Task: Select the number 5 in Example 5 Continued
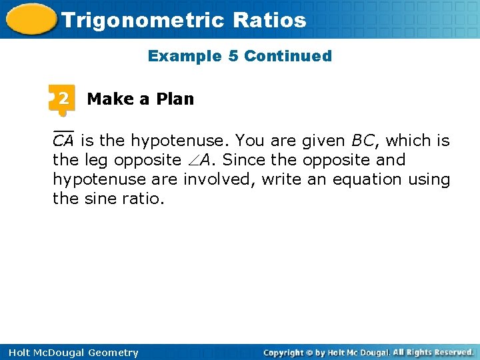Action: (x=233, y=56)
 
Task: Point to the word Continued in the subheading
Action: (x=288, y=56)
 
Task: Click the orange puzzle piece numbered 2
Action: (x=62, y=99)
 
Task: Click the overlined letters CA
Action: (x=63, y=141)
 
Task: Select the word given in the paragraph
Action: (x=321, y=141)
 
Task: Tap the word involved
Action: (x=215, y=179)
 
